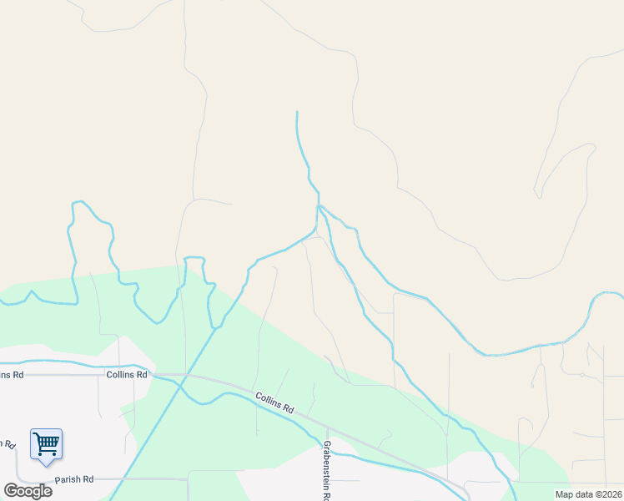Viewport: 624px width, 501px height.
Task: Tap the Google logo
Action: point(28,490)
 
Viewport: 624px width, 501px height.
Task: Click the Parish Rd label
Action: point(74,480)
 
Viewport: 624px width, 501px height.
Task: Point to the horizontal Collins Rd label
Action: point(127,375)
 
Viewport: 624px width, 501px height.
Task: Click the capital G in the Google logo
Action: point(11,490)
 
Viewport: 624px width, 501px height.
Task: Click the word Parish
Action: point(68,480)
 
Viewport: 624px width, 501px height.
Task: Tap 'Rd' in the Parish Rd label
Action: point(88,480)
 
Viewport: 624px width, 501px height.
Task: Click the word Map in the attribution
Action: point(565,494)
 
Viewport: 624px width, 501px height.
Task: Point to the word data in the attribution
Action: point(583,494)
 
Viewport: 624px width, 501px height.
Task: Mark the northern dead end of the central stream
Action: point(297,112)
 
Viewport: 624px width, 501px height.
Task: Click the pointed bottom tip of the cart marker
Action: point(46,464)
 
